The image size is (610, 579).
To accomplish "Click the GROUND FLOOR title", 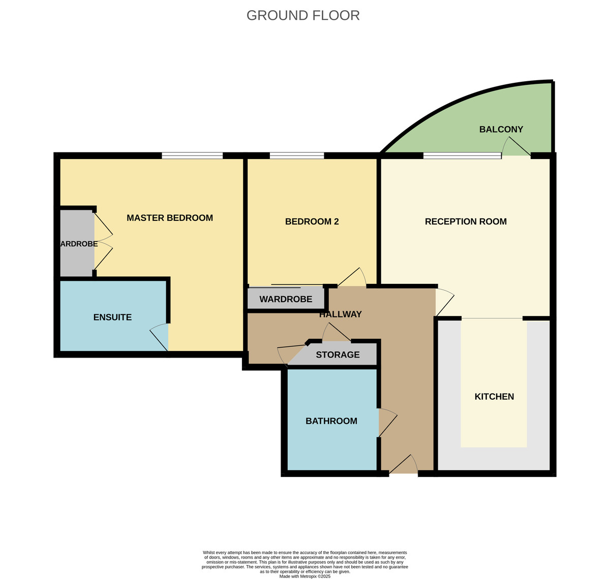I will click(x=303, y=15).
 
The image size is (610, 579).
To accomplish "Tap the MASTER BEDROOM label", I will click(x=169, y=218).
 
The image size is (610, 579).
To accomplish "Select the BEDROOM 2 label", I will click(x=312, y=221).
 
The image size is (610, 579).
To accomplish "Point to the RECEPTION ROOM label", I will click(x=466, y=221).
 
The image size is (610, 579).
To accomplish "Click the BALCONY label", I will click(x=501, y=130).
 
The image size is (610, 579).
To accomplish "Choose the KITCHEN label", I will click(x=494, y=397).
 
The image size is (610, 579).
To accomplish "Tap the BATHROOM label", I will click(x=331, y=421).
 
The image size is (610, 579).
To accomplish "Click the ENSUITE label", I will click(x=112, y=317).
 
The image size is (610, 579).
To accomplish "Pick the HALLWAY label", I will click(x=340, y=314).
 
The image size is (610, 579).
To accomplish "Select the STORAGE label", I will click(x=338, y=355).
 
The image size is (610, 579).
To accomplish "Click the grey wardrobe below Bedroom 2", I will click(x=286, y=299).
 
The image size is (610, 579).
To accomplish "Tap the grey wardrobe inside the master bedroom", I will click(x=77, y=244).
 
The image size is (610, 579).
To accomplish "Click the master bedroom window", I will click(x=192, y=155).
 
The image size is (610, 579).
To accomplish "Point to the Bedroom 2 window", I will click(x=297, y=155).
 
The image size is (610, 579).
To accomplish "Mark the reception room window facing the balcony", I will click(x=462, y=155).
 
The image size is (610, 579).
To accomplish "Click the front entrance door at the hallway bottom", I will click(x=404, y=466).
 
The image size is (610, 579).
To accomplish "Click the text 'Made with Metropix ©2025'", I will click(x=305, y=576).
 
